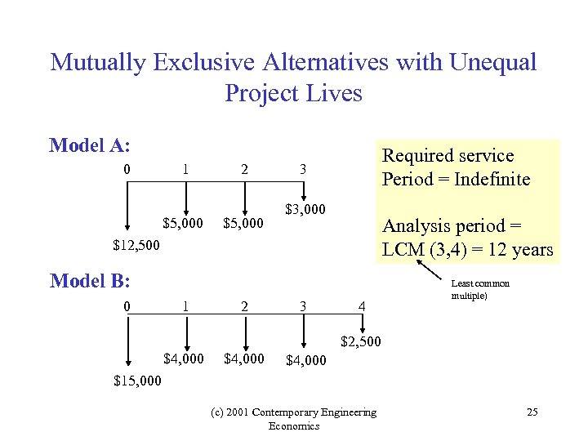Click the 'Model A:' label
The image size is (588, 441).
[90, 145]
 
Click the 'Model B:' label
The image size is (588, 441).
[90, 281]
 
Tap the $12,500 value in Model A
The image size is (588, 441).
[136, 244]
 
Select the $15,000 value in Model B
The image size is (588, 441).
[136, 380]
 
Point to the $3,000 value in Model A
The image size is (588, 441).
[305, 210]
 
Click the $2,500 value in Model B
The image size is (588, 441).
[360, 340]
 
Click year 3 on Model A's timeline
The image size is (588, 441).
[303, 169]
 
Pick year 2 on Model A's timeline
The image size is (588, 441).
[244, 169]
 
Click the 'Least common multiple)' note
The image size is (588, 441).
[480, 289]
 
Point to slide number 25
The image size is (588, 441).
[532, 412]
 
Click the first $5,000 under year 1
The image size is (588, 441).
[183, 222]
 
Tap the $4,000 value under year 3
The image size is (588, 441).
[305, 359]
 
